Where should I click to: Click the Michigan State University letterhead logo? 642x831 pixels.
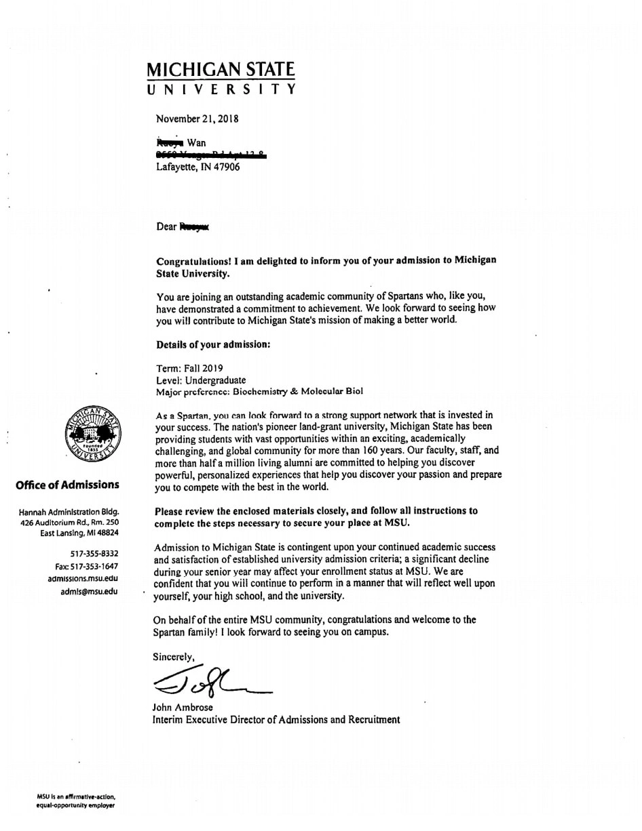click(221, 79)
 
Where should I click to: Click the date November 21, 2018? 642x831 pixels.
click(197, 119)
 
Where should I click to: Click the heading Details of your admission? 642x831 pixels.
click(213, 344)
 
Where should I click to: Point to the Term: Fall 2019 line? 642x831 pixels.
click(189, 368)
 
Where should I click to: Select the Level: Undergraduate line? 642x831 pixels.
click(201, 380)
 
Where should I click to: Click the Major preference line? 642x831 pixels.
click(259, 392)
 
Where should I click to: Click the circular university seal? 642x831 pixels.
click(93, 434)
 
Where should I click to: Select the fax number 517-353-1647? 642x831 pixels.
click(87, 566)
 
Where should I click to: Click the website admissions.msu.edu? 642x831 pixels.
click(83, 578)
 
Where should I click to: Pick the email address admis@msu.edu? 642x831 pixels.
click(89, 591)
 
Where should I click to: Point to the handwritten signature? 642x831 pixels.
click(210, 681)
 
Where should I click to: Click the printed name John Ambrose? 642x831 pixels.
click(183, 708)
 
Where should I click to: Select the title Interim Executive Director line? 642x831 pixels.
click(276, 720)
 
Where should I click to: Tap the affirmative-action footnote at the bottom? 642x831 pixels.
click(76, 801)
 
